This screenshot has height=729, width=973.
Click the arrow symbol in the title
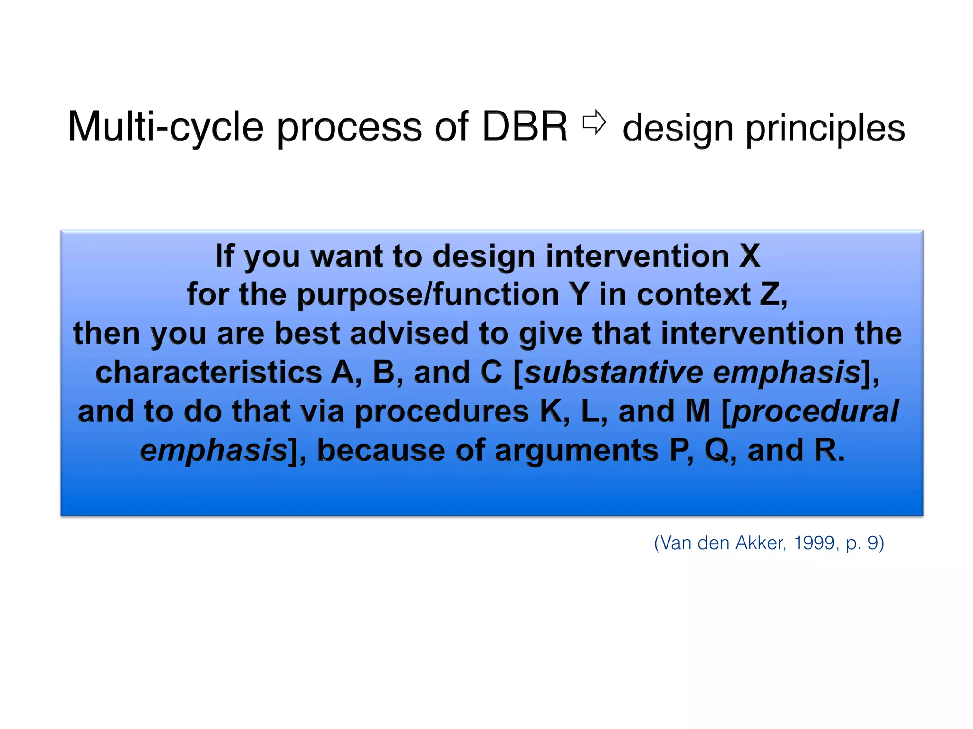click(x=594, y=122)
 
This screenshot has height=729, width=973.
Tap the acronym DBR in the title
click(x=525, y=127)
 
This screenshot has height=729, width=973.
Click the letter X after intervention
click(x=749, y=256)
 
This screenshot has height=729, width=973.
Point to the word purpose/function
click(x=428, y=295)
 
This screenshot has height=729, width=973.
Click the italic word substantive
click(x=613, y=373)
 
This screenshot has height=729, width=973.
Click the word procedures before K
click(x=441, y=411)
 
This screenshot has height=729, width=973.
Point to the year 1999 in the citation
click(x=814, y=542)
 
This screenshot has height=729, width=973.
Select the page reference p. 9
click(x=864, y=542)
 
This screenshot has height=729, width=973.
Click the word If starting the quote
click(x=225, y=256)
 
